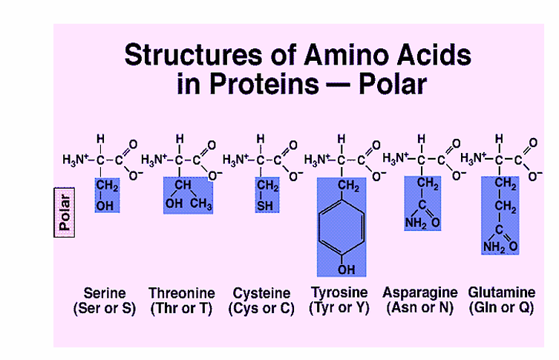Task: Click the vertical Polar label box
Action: coord(64,212)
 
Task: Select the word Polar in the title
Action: coord(393,84)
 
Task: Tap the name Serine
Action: coord(105,293)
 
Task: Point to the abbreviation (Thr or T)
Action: coord(181,308)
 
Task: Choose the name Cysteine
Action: coord(261,293)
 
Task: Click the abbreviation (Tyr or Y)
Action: coord(339,307)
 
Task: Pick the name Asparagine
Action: coord(420,292)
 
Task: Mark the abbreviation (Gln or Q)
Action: coord(501,307)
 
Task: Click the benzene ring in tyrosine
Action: coord(341,227)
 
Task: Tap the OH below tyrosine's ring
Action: coord(346,269)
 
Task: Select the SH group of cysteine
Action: coord(265,206)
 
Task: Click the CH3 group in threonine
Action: coord(200,203)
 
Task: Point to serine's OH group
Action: coord(105,206)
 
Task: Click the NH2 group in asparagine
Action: coord(416,223)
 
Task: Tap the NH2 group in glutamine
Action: coord(494,246)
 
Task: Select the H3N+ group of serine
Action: coord(75,160)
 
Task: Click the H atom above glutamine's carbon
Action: coord(499,139)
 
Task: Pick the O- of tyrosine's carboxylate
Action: coord(379,176)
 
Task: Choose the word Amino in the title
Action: coord(344,54)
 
